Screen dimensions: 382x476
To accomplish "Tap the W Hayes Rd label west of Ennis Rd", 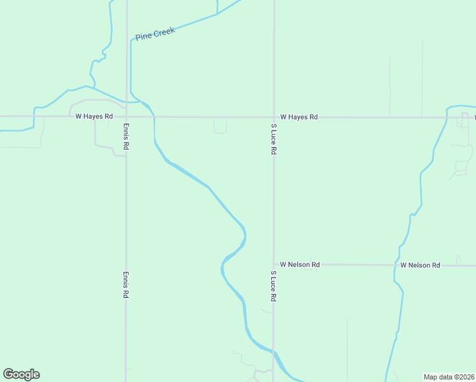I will tap(94, 117).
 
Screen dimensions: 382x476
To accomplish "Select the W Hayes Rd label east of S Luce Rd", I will tap(298, 117).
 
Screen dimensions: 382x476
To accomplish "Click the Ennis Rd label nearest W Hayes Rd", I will tap(127, 136).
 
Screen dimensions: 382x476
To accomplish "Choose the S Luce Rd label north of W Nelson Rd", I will tap(274, 139).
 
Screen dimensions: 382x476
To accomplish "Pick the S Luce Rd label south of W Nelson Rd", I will tap(274, 286).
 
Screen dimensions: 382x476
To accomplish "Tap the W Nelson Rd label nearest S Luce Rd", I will tap(300, 264).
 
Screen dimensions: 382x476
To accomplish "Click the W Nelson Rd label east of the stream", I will tap(420, 265).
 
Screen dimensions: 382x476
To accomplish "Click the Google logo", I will tap(21, 374).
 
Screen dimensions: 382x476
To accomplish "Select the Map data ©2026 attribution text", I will tap(449, 376).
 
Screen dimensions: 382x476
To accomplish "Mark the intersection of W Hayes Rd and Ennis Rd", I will tap(127, 117).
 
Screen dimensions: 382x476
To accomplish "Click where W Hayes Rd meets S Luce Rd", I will tap(274, 117).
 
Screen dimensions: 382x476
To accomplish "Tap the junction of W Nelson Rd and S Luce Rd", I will tap(274, 264).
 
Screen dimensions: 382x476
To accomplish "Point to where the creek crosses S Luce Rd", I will tap(274, 352).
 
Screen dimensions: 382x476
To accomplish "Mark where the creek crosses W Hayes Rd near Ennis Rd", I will tap(154, 117).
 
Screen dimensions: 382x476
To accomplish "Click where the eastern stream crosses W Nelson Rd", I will tap(395, 265).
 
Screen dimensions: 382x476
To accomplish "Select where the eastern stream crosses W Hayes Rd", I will tap(447, 117).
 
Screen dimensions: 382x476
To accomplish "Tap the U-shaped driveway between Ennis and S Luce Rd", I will tap(220, 127).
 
